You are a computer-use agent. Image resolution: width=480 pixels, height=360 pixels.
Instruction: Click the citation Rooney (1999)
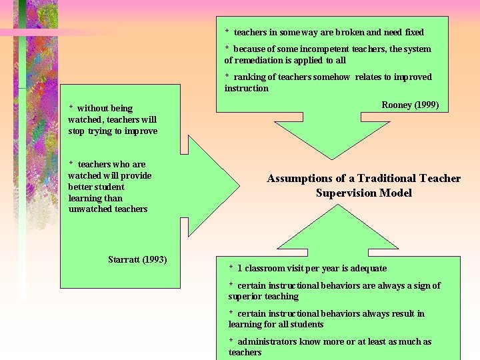410,105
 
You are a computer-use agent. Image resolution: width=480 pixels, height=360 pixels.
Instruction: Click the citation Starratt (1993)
137,259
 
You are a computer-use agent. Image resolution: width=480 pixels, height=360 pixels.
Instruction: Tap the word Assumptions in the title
299,179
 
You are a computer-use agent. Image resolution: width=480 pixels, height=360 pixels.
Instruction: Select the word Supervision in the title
347,193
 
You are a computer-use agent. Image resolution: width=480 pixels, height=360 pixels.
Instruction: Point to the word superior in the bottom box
245,296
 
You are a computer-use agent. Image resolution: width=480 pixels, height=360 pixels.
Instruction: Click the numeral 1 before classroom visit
239,268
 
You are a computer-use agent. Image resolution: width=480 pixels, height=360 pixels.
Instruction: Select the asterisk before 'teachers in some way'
227,32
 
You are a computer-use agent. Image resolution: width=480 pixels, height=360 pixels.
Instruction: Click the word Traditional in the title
387,179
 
